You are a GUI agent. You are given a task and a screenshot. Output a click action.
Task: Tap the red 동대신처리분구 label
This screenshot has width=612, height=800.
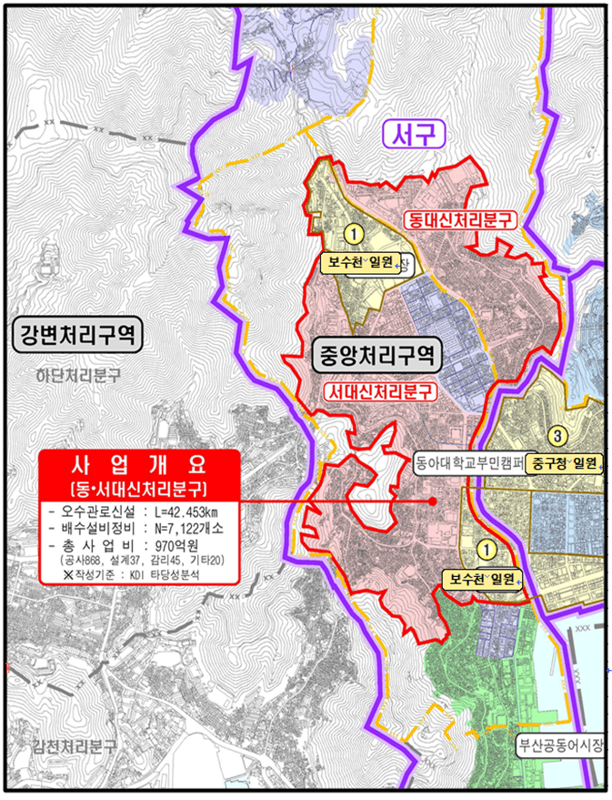click(x=458, y=219)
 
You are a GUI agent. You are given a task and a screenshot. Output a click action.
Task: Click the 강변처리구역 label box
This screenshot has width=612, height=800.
click(x=76, y=336)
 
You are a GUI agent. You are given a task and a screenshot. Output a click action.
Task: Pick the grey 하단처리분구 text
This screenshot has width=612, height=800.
click(x=78, y=374)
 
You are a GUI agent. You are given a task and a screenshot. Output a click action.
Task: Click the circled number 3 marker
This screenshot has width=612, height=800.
click(x=560, y=434)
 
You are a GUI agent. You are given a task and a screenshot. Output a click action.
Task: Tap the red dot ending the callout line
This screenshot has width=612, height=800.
click(x=433, y=500)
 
